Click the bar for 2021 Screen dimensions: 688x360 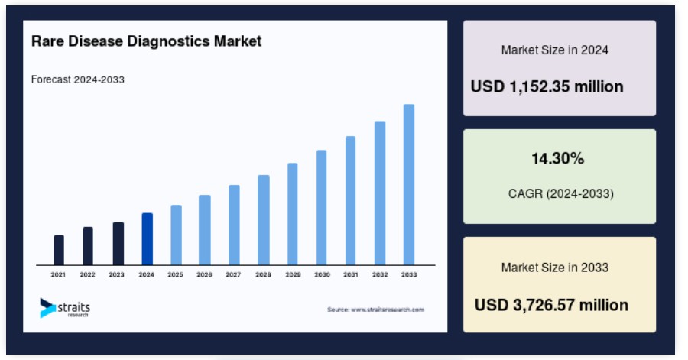[x=59, y=250]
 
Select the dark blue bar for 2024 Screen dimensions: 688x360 [x=148, y=239]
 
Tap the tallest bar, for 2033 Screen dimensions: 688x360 [x=409, y=185]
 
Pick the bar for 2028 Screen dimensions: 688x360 [x=264, y=220]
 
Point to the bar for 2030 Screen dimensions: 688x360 [x=322, y=208]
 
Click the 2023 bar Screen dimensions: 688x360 [x=118, y=243]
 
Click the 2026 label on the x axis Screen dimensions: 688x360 [x=204, y=274]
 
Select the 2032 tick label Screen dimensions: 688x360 [x=380, y=274]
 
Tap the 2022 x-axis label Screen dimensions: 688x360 [x=87, y=274]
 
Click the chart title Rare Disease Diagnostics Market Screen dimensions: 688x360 [x=147, y=41]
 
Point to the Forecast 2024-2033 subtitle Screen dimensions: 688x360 [x=78, y=79]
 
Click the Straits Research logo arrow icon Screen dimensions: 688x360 [x=47, y=308]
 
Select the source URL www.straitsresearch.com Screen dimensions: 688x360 [x=388, y=310]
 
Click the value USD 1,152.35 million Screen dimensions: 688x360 [x=547, y=86]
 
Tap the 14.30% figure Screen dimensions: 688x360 [x=558, y=158]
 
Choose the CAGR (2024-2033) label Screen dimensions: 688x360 [x=561, y=193]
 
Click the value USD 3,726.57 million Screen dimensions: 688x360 [x=551, y=305]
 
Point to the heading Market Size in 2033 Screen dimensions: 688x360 [x=555, y=268]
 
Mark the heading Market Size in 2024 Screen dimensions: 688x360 [x=555, y=50]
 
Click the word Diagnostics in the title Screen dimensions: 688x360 [x=168, y=41]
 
